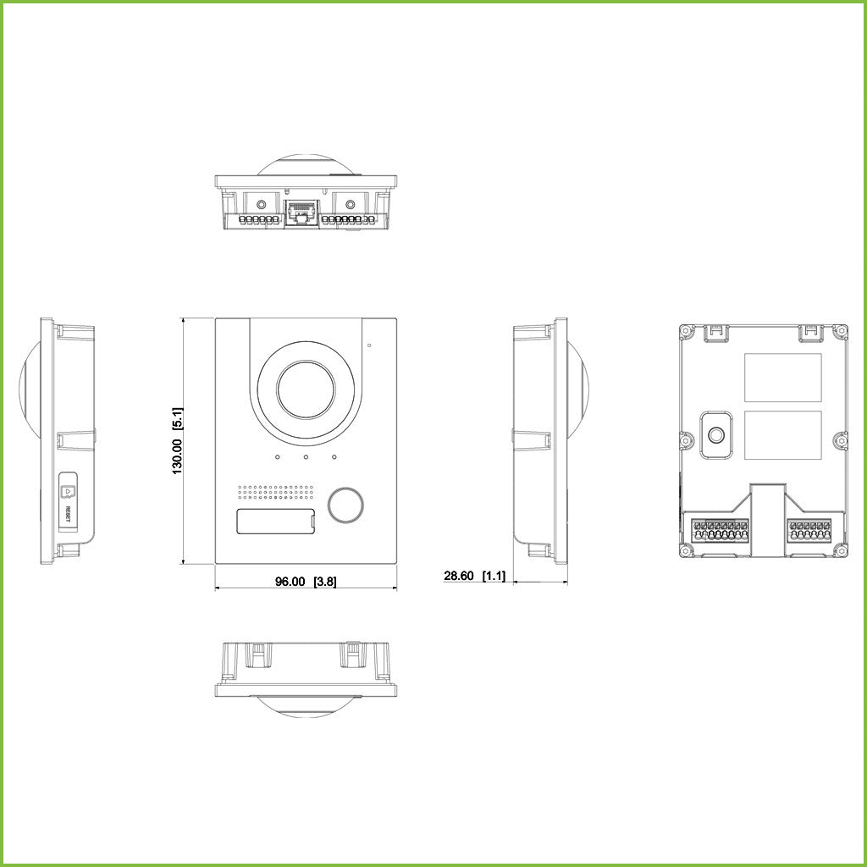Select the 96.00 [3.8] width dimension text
(300, 582)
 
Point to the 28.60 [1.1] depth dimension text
(474, 576)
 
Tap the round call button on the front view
(345, 504)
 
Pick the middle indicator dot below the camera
(306, 459)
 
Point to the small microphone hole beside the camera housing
(370, 345)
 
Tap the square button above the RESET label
(68, 489)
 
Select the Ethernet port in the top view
(301, 213)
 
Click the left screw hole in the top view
(261, 204)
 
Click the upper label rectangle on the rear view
(782, 378)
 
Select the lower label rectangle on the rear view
(782, 435)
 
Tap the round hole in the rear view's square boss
(716, 435)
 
